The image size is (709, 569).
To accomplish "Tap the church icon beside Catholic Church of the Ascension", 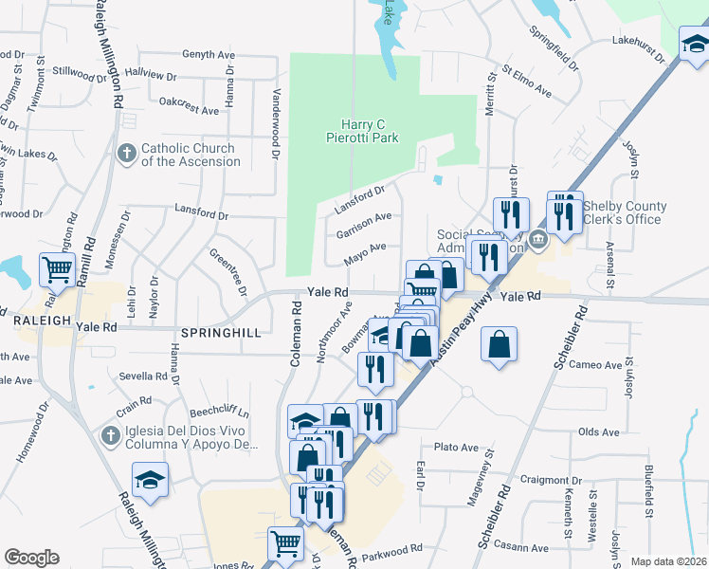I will click(x=127, y=153).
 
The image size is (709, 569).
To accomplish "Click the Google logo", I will click(x=31, y=558).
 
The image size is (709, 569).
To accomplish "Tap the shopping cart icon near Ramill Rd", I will click(x=57, y=270).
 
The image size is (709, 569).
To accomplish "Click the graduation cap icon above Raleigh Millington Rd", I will click(x=150, y=480).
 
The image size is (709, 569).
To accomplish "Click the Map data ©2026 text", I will click(x=669, y=561).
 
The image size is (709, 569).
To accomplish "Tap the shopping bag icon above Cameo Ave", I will click(x=499, y=345).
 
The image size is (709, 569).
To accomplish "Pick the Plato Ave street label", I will click(x=456, y=447).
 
